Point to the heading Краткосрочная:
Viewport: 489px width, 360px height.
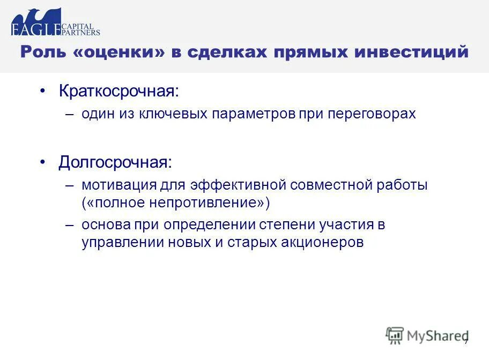click(118, 91)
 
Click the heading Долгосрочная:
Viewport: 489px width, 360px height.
click(116, 162)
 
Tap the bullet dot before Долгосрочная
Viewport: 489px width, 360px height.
click(43, 162)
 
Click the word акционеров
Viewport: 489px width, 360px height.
click(322, 242)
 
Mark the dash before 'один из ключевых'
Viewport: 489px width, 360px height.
click(70, 114)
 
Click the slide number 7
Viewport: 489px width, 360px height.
click(466, 342)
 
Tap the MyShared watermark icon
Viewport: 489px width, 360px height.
click(395, 335)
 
